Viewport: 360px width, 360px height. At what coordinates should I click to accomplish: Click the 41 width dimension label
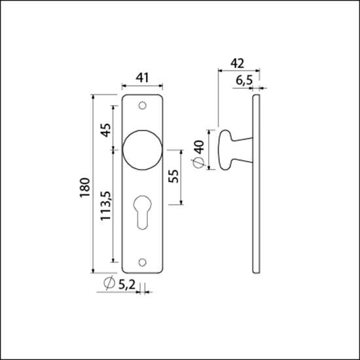coord(143,78)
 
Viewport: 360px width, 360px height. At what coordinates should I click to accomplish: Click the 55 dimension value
coord(174,177)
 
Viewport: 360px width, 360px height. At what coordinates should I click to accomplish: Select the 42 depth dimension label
coord(238,63)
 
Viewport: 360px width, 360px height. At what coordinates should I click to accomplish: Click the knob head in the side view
coord(223,150)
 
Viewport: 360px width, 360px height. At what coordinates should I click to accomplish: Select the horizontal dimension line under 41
coord(143,86)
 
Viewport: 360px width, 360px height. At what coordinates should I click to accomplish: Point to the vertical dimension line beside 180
coord(94,185)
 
